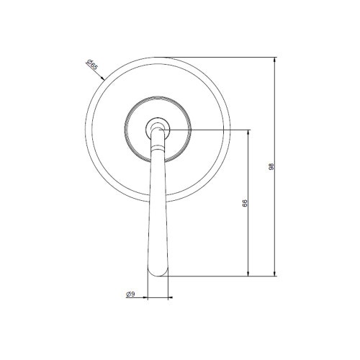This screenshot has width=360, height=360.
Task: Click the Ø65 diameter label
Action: pyautogui.click(x=94, y=68)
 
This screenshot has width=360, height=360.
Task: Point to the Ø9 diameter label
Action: pyautogui.click(x=130, y=294)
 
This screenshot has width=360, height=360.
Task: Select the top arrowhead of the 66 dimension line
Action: pyautogui.click(x=249, y=132)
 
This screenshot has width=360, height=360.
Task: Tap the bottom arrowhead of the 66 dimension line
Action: pyautogui.click(x=249, y=272)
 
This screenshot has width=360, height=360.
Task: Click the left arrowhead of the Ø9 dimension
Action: pyautogui.click(x=149, y=297)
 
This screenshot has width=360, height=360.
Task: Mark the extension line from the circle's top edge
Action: pyautogui.click(x=223, y=56)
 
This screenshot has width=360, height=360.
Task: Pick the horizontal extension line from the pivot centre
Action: pyautogui.click(x=209, y=130)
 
